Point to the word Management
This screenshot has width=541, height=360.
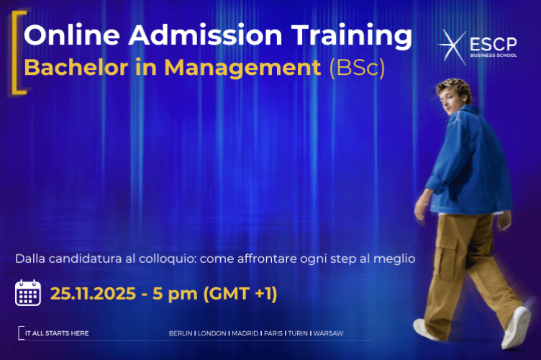point(238,68)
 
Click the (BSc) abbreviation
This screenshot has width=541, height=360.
point(357,68)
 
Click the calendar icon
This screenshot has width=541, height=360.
point(28,293)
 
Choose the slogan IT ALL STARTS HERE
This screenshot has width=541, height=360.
point(57,333)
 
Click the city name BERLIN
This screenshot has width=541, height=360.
point(181,333)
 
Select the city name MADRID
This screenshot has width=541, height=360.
point(245,333)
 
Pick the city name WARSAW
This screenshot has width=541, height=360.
point(328,333)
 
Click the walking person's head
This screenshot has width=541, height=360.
point(454,94)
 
